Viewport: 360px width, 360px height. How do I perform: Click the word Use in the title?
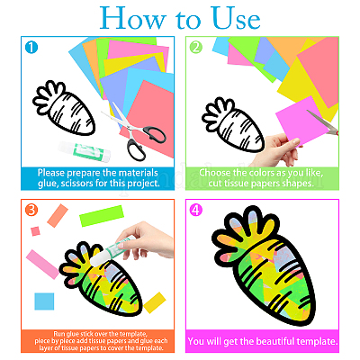(x=235, y=18)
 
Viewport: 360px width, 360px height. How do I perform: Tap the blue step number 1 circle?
(x=31, y=48)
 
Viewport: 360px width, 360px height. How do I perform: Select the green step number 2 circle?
(x=196, y=48)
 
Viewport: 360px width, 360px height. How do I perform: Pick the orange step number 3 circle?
(x=31, y=210)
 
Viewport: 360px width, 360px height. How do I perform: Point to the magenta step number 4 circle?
(x=195, y=210)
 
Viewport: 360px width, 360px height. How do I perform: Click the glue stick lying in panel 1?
(x=85, y=150)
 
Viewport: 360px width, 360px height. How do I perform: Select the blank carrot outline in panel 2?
(x=232, y=124)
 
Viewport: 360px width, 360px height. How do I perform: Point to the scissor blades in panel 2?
(x=323, y=122)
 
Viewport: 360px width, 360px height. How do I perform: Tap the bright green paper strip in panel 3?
(x=102, y=216)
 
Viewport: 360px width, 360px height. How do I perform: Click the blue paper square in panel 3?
(x=44, y=301)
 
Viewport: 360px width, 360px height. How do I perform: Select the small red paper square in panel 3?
(x=35, y=231)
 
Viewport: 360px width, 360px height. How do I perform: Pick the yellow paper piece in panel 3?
(x=155, y=302)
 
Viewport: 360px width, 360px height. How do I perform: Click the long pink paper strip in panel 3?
(x=42, y=265)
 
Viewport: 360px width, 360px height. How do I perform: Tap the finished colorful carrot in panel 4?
(x=263, y=266)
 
